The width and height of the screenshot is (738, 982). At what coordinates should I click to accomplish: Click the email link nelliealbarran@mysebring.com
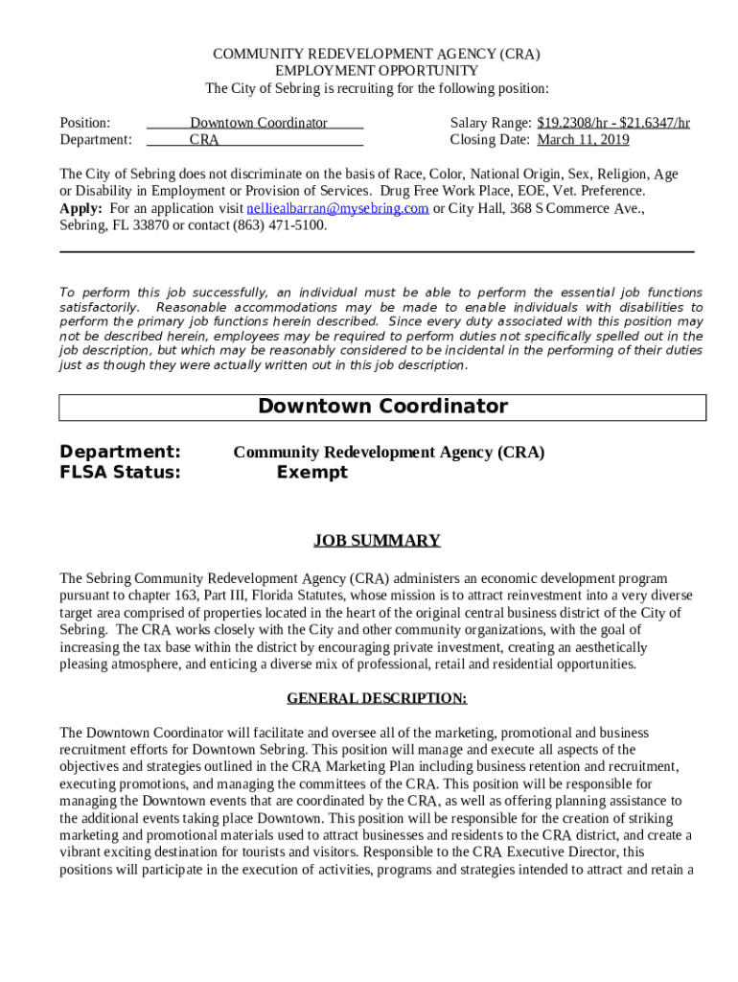click(337, 209)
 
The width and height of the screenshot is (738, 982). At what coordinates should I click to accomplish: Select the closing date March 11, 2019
click(583, 140)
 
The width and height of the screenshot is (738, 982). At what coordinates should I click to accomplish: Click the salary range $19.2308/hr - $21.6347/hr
click(613, 123)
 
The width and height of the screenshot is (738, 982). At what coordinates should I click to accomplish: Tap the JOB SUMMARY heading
click(377, 541)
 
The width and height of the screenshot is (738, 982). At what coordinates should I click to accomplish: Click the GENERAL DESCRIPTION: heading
click(377, 698)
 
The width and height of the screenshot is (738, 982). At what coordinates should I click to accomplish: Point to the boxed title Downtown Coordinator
click(382, 407)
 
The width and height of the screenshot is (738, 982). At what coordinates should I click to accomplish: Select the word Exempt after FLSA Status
click(311, 472)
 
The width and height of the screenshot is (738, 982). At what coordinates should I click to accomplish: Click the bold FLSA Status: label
click(120, 472)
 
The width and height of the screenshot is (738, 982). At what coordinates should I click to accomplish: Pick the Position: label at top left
click(85, 123)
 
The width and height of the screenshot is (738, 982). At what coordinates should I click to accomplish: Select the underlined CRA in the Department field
click(204, 140)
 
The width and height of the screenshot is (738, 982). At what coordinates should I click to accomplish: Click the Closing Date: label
click(490, 140)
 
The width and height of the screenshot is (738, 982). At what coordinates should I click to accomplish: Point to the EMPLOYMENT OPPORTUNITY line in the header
click(377, 71)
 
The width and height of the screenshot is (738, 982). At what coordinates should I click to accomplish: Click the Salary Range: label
click(491, 123)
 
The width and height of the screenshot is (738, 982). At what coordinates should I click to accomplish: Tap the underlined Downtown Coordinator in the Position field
click(258, 123)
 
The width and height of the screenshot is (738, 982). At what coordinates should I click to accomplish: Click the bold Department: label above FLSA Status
click(120, 452)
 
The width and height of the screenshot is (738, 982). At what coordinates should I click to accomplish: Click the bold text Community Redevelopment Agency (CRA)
click(388, 452)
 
